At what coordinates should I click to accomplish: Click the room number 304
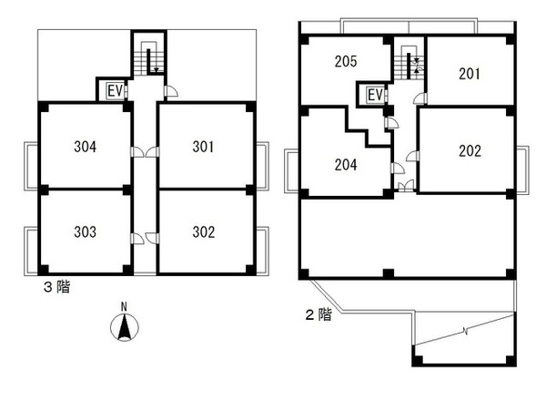(85, 146)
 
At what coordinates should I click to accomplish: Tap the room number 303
(85, 231)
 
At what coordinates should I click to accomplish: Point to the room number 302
(204, 231)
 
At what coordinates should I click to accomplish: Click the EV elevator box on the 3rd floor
(115, 90)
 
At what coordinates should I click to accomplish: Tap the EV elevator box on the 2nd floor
(375, 95)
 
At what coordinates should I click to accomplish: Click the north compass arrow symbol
(122, 327)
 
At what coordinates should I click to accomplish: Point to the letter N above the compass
(122, 307)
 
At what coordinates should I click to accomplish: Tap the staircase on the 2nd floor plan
(408, 65)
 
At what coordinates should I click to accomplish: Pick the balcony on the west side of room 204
(292, 170)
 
